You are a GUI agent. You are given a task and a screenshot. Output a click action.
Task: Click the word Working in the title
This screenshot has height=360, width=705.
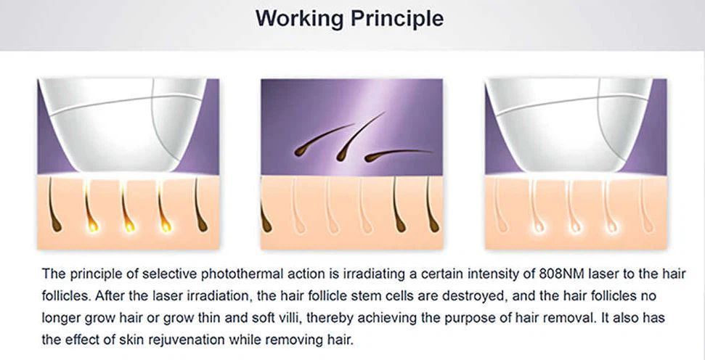300,18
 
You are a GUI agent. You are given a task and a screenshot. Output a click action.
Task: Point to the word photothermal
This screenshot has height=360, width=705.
237,274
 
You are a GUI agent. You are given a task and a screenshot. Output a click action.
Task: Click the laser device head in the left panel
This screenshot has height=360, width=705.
124,126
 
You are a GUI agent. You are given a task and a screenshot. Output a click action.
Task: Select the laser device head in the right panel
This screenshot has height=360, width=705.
570,126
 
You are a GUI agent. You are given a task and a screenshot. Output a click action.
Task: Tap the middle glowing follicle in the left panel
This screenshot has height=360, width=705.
126,205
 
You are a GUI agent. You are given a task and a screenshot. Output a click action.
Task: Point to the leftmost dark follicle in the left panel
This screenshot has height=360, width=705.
54,205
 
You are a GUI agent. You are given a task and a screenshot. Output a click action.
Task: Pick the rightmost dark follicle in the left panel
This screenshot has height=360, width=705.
200,205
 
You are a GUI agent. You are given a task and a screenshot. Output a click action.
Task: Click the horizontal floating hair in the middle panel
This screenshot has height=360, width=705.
397,154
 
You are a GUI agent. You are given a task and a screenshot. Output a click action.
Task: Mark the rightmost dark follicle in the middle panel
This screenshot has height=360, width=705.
431,205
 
